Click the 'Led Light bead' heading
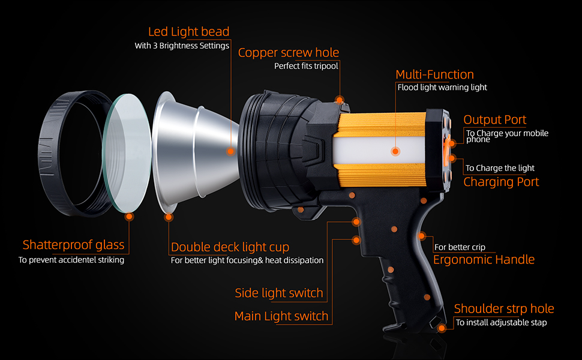click(x=188, y=31)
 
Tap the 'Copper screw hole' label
click(x=288, y=53)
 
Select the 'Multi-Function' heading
click(x=434, y=74)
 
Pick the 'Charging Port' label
click(x=501, y=182)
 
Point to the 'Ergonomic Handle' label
click(x=484, y=260)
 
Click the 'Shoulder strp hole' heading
click(x=503, y=309)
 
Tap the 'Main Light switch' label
click(x=281, y=316)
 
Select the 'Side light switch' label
click(x=279, y=293)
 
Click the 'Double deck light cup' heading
click(x=230, y=247)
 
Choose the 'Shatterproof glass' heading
click(x=73, y=245)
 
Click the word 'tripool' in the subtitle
click(x=324, y=66)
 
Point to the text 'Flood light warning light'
click(x=442, y=88)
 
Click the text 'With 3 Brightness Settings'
click(x=182, y=46)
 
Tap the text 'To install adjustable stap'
click(x=501, y=323)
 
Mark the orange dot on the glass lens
click(x=128, y=218)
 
